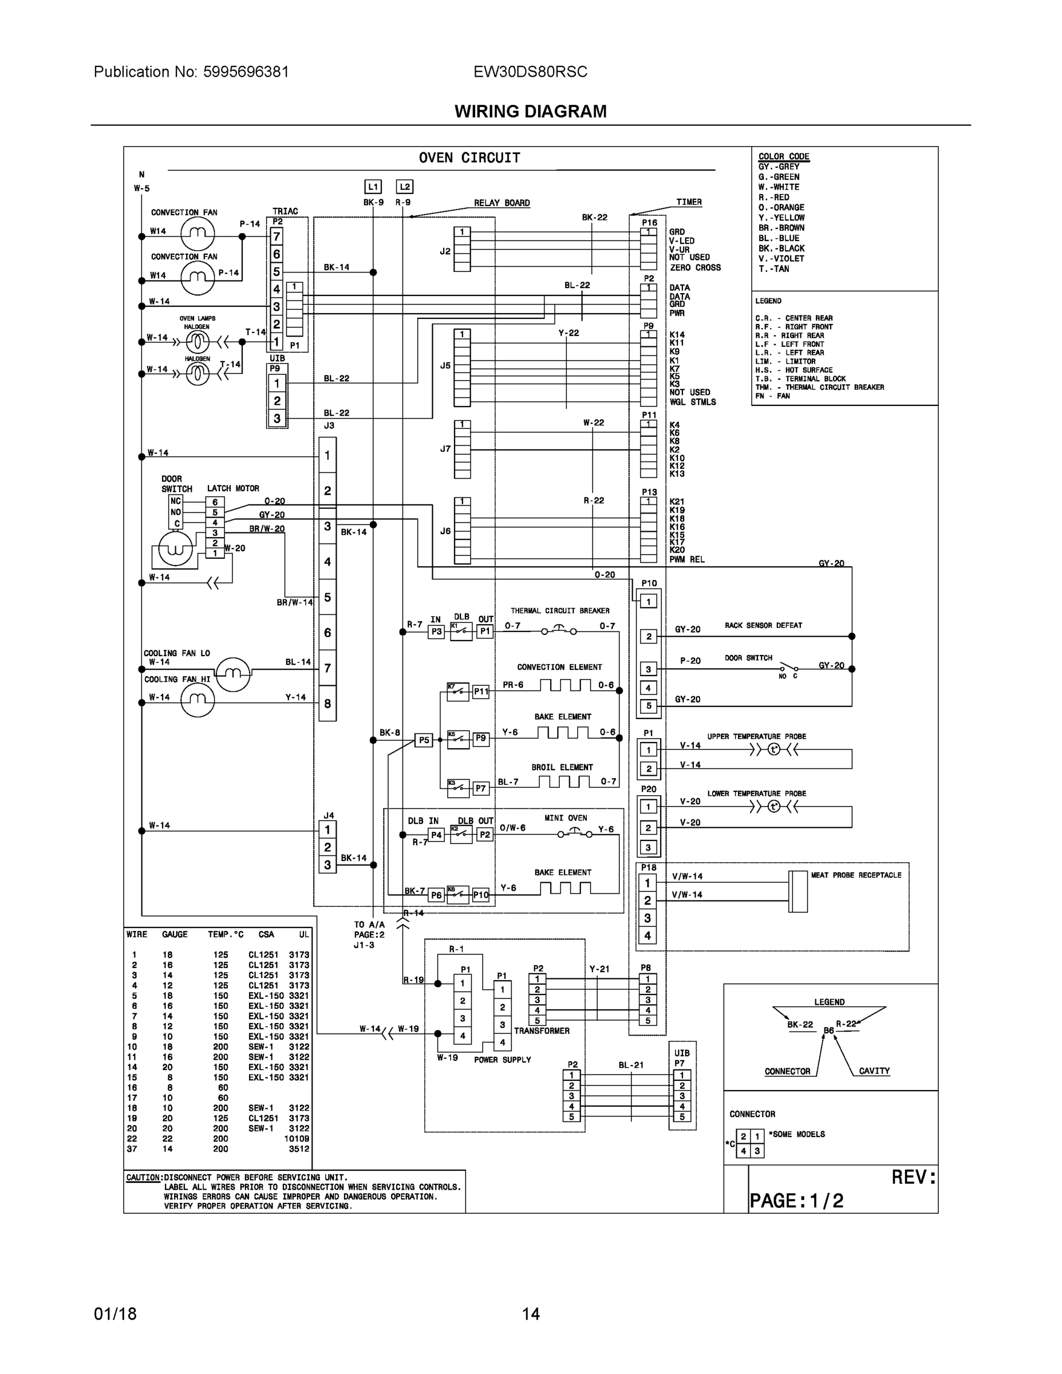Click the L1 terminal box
(x=373, y=187)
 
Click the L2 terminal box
(x=405, y=187)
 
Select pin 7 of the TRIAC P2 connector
(x=276, y=236)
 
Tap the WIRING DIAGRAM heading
(x=530, y=112)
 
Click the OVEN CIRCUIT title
(x=469, y=158)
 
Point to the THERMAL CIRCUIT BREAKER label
(x=559, y=610)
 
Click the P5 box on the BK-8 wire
(x=424, y=740)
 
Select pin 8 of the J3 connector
(x=327, y=704)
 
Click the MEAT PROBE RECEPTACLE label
(x=856, y=875)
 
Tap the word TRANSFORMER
(x=541, y=1030)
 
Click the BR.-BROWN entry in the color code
(x=781, y=228)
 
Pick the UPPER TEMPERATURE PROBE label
(x=756, y=736)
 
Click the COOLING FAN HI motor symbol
(x=197, y=700)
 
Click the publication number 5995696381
(x=246, y=72)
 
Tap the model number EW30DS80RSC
(x=530, y=72)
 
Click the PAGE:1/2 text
(x=796, y=1201)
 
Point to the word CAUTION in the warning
(x=143, y=1177)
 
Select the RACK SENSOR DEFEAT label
(x=763, y=625)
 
